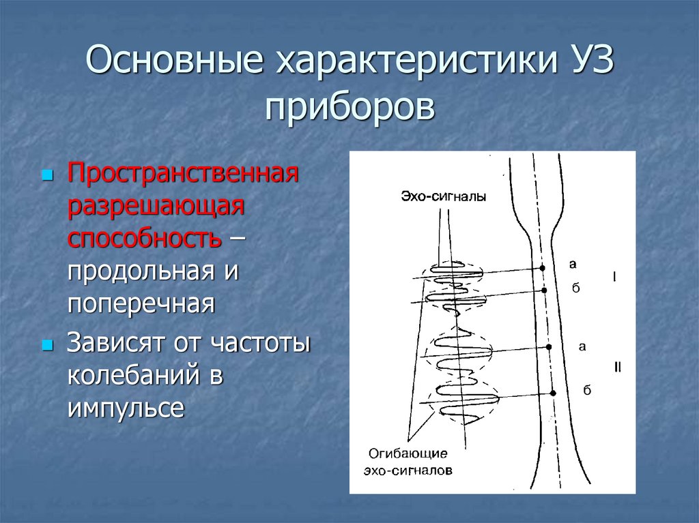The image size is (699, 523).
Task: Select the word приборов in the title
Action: [x=349, y=107]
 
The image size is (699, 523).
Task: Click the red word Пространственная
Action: [x=183, y=173]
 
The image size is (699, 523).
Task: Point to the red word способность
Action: [x=143, y=238]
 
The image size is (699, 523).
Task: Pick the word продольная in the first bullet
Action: [x=141, y=271]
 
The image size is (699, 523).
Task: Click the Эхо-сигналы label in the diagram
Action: [x=444, y=197]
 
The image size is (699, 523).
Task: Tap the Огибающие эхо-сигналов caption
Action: [x=408, y=462]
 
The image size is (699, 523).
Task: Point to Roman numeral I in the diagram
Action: [x=614, y=277]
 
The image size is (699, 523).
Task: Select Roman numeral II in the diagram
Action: [x=617, y=368]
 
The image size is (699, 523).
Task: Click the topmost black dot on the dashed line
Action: [x=542, y=267]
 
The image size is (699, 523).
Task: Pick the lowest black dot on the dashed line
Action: [x=553, y=393]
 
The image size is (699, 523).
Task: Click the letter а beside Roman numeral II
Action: [x=582, y=346]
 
